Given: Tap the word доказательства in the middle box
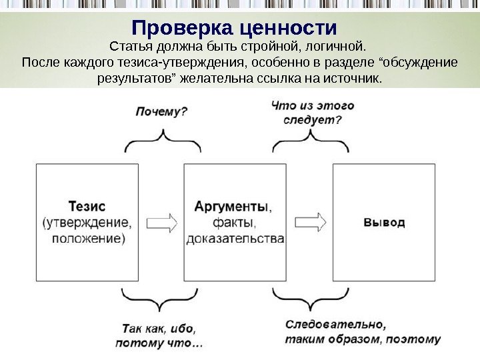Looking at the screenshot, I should click(x=235, y=238).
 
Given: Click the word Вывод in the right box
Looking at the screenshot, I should click(x=384, y=222).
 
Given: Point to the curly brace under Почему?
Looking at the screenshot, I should click(x=161, y=141).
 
